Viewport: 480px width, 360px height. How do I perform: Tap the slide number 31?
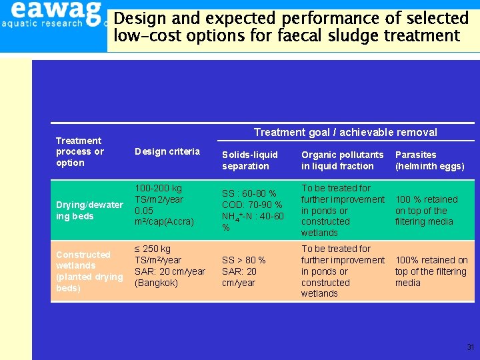[470, 347]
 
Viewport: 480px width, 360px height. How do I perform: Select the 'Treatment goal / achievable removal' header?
[345, 132]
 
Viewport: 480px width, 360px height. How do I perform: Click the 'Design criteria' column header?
[167, 151]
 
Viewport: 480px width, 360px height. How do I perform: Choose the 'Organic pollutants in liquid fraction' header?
[342, 160]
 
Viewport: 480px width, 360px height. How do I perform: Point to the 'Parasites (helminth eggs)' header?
[429, 160]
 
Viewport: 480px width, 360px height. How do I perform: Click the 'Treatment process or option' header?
[79, 151]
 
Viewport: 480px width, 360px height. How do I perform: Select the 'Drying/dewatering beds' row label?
[89, 211]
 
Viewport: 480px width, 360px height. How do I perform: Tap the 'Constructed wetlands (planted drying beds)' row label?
[89, 271]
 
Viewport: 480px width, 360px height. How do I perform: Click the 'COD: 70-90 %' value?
[252, 205]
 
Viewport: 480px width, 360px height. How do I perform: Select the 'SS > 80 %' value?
[244, 260]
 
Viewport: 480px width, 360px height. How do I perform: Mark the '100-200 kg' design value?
[158, 189]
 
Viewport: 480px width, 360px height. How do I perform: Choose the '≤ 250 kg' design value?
[153, 249]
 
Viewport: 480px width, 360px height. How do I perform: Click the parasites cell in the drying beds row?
[427, 211]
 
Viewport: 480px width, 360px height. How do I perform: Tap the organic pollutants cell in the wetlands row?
[343, 271]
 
